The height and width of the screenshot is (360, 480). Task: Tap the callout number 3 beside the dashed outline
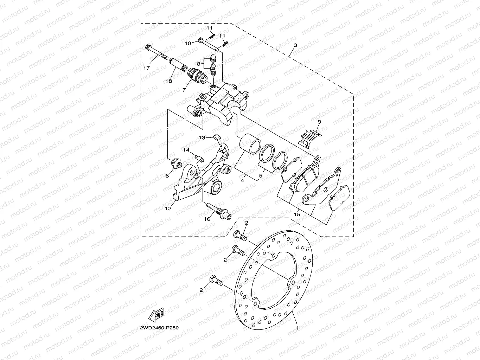pyautogui.click(x=295, y=45)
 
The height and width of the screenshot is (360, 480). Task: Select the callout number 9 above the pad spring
pyautogui.click(x=319, y=122)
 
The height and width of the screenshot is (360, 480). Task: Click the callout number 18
pyautogui.click(x=169, y=81)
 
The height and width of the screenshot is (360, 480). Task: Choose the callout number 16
pyautogui.click(x=207, y=219)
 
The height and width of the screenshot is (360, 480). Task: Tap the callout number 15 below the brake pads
pyautogui.click(x=297, y=214)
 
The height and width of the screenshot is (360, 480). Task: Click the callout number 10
pyautogui.click(x=188, y=43)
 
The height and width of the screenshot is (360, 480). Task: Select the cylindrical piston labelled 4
pyautogui.click(x=249, y=145)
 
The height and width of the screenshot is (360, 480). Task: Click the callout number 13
pyautogui.click(x=201, y=138)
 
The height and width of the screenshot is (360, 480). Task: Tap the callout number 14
pyautogui.click(x=186, y=150)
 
